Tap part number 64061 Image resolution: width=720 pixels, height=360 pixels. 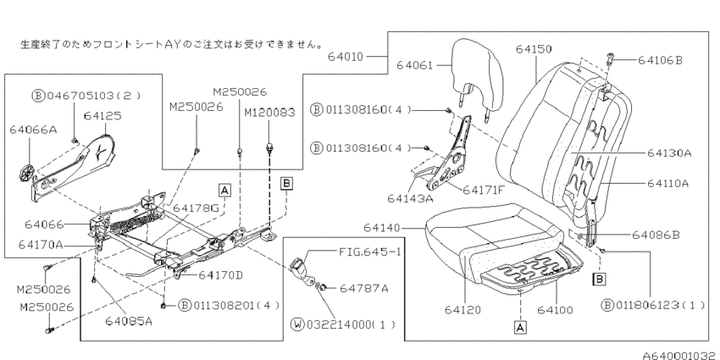click(x=415, y=65)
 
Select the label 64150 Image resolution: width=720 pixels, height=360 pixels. click(x=534, y=48)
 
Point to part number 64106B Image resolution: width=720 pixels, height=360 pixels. click(x=661, y=60)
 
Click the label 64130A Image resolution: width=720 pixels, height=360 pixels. click(x=669, y=153)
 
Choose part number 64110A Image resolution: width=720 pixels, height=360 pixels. click(x=668, y=183)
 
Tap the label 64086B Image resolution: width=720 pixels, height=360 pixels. click(x=656, y=235)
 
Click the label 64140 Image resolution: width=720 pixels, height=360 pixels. click(x=382, y=228)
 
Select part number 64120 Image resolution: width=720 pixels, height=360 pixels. click(x=462, y=310)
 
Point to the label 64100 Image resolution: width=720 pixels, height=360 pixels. click(x=555, y=310)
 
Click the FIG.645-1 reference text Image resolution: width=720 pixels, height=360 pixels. click(x=369, y=252)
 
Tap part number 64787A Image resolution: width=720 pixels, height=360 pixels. click(x=363, y=288)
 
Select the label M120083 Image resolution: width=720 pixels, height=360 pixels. click(x=269, y=113)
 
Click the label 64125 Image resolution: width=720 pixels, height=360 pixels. click(x=102, y=116)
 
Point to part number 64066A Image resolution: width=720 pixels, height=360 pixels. click(x=33, y=130)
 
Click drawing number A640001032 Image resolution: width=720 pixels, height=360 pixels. click(x=680, y=355)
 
